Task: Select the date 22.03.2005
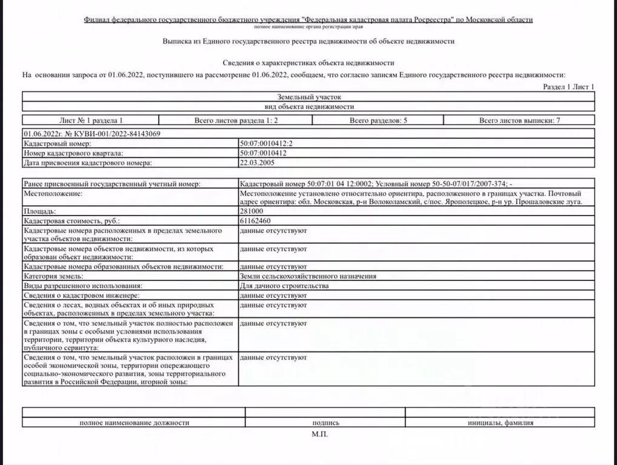pos(258,163)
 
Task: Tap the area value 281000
pos(252,211)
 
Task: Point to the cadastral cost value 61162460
pos(255,221)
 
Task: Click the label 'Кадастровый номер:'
pos(56,143)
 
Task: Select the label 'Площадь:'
pos(40,211)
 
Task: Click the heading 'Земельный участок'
pos(309,96)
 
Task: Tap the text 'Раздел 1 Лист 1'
pos(569,87)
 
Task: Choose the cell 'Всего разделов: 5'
pos(378,120)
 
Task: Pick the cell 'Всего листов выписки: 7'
pos(519,120)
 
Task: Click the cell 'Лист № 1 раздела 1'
pos(91,120)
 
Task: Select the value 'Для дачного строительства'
pos(284,285)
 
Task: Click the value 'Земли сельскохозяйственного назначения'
pos(308,275)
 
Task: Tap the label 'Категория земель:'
pos(53,275)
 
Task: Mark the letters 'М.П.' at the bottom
pos(319,434)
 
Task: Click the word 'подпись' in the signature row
pos(325,423)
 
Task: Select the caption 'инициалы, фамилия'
pos(500,423)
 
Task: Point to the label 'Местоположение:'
pos(52,193)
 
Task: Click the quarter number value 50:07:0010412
pos(263,153)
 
